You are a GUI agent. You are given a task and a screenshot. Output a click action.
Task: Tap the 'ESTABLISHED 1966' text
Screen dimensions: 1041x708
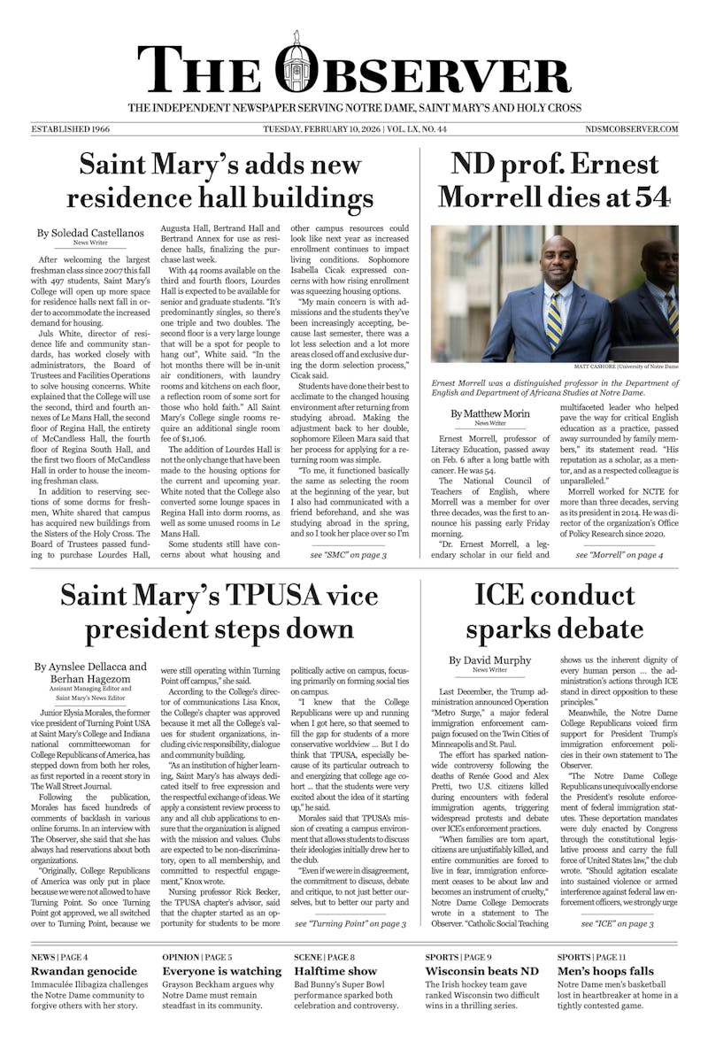pos(67,129)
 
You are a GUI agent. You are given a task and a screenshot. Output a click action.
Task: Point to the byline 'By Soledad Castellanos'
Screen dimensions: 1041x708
pos(90,234)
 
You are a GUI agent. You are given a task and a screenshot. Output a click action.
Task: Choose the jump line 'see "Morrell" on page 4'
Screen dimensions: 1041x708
pos(619,555)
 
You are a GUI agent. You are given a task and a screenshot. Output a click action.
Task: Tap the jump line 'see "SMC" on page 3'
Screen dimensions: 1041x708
pos(348,555)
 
